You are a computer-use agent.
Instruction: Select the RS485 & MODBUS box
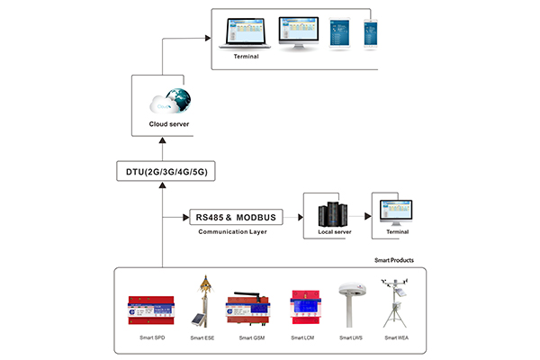pos(234,217)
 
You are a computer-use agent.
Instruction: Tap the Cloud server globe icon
pos(177,97)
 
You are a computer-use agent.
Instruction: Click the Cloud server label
pos(170,124)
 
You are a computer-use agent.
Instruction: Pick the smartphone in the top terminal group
pos(370,34)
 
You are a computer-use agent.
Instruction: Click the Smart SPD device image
pos(151,308)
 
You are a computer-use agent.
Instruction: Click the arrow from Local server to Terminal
pos(362,217)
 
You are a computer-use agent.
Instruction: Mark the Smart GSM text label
pos(251,338)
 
